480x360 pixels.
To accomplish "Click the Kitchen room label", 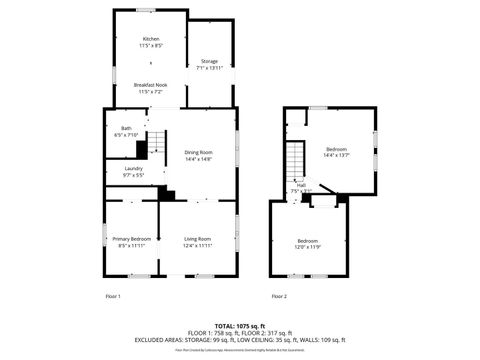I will [150, 39].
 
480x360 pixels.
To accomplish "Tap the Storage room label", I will [209, 61].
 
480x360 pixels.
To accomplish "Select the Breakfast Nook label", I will [150, 86].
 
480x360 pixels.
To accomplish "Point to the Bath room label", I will [127, 128].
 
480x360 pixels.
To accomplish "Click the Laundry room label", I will [133, 168].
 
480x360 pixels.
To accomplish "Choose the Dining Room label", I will [197, 152].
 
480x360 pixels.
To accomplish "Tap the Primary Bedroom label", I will [132, 239].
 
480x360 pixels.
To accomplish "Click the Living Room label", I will [197, 239].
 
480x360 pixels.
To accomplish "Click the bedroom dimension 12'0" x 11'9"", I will [308, 246].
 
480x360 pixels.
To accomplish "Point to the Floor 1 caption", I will [113, 297].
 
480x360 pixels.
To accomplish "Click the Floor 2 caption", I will [279, 297].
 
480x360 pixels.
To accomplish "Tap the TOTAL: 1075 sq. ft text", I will [240, 326].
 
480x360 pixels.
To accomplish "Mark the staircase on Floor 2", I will [295, 160].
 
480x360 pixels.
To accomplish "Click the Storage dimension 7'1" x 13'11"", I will [209, 67].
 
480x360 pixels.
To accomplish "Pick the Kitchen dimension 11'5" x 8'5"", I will [150, 45].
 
